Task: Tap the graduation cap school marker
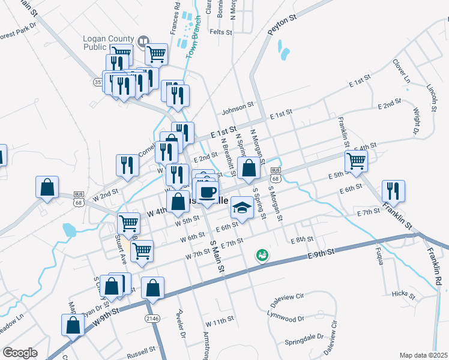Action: point(242,208)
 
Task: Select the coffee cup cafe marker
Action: point(208,192)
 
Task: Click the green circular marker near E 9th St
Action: point(262,256)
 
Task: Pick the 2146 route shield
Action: point(151,317)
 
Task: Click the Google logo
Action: point(20,353)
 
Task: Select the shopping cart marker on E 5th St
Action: point(356,160)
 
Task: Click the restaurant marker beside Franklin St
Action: point(393,190)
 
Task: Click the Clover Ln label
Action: point(401,71)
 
